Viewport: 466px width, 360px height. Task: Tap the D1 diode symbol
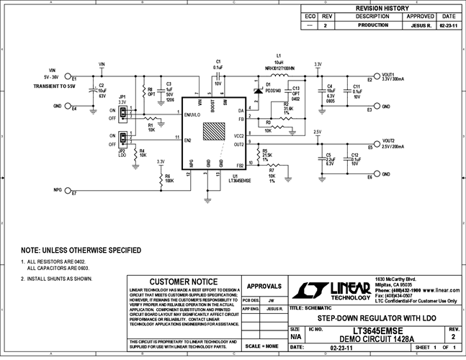[259, 91]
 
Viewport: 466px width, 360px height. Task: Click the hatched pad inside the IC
[214, 132]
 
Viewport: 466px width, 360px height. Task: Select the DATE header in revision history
[448, 16]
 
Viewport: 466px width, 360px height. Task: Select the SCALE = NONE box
[263, 345]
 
